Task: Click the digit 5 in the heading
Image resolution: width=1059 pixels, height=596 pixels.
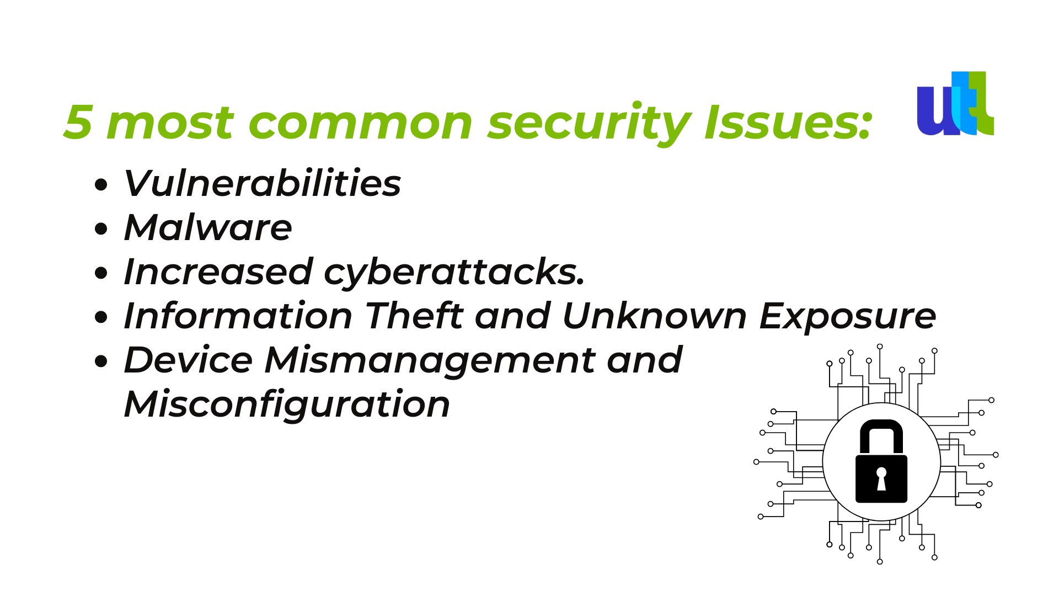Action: point(78,122)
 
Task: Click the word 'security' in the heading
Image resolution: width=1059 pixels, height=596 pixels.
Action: point(589,124)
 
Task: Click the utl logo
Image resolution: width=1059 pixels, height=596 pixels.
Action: point(955,103)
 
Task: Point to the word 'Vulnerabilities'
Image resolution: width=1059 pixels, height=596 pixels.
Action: point(263,183)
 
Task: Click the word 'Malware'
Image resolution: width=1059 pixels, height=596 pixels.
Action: point(208,227)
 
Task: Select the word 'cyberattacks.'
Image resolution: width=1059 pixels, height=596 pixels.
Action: point(454,273)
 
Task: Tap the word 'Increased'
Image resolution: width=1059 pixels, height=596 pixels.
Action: point(218,272)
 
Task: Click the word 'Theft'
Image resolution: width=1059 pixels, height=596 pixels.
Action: point(414,316)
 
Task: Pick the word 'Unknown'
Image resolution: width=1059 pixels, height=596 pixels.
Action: point(655,316)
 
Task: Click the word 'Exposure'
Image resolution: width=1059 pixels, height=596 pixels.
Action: point(848,317)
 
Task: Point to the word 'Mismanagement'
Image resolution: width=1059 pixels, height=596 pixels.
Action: point(430,361)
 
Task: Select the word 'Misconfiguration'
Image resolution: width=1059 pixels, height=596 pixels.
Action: point(287,406)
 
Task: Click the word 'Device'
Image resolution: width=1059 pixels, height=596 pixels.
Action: point(188,360)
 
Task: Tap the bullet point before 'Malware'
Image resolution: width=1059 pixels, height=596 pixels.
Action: point(101,228)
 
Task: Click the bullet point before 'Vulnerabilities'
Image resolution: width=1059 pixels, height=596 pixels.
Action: point(101,184)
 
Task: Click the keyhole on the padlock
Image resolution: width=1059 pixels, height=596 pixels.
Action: point(881,479)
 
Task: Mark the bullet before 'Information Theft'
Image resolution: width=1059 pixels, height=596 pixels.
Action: point(101,317)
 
